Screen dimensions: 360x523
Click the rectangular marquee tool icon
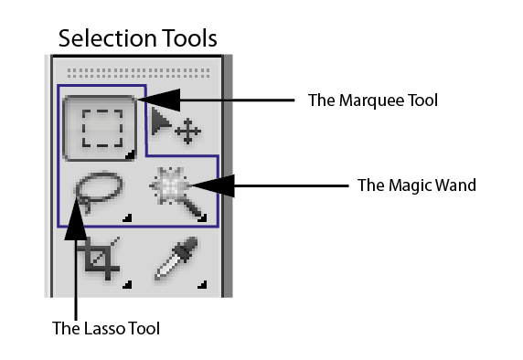coord(101,130)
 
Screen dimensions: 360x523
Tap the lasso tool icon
coord(92,193)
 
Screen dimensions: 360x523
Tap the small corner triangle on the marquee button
coord(130,155)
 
